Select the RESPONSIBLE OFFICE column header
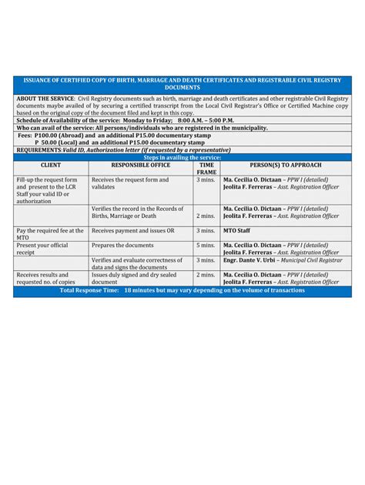pos(141,166)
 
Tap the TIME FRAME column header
pos(206,169)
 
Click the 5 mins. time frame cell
pos(206,245)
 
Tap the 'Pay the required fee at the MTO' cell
pos(49,234)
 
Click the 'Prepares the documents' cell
pos(122,245)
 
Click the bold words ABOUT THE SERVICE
pos(45,99)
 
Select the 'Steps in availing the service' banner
pos(182,157)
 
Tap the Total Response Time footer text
pos(182,291)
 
